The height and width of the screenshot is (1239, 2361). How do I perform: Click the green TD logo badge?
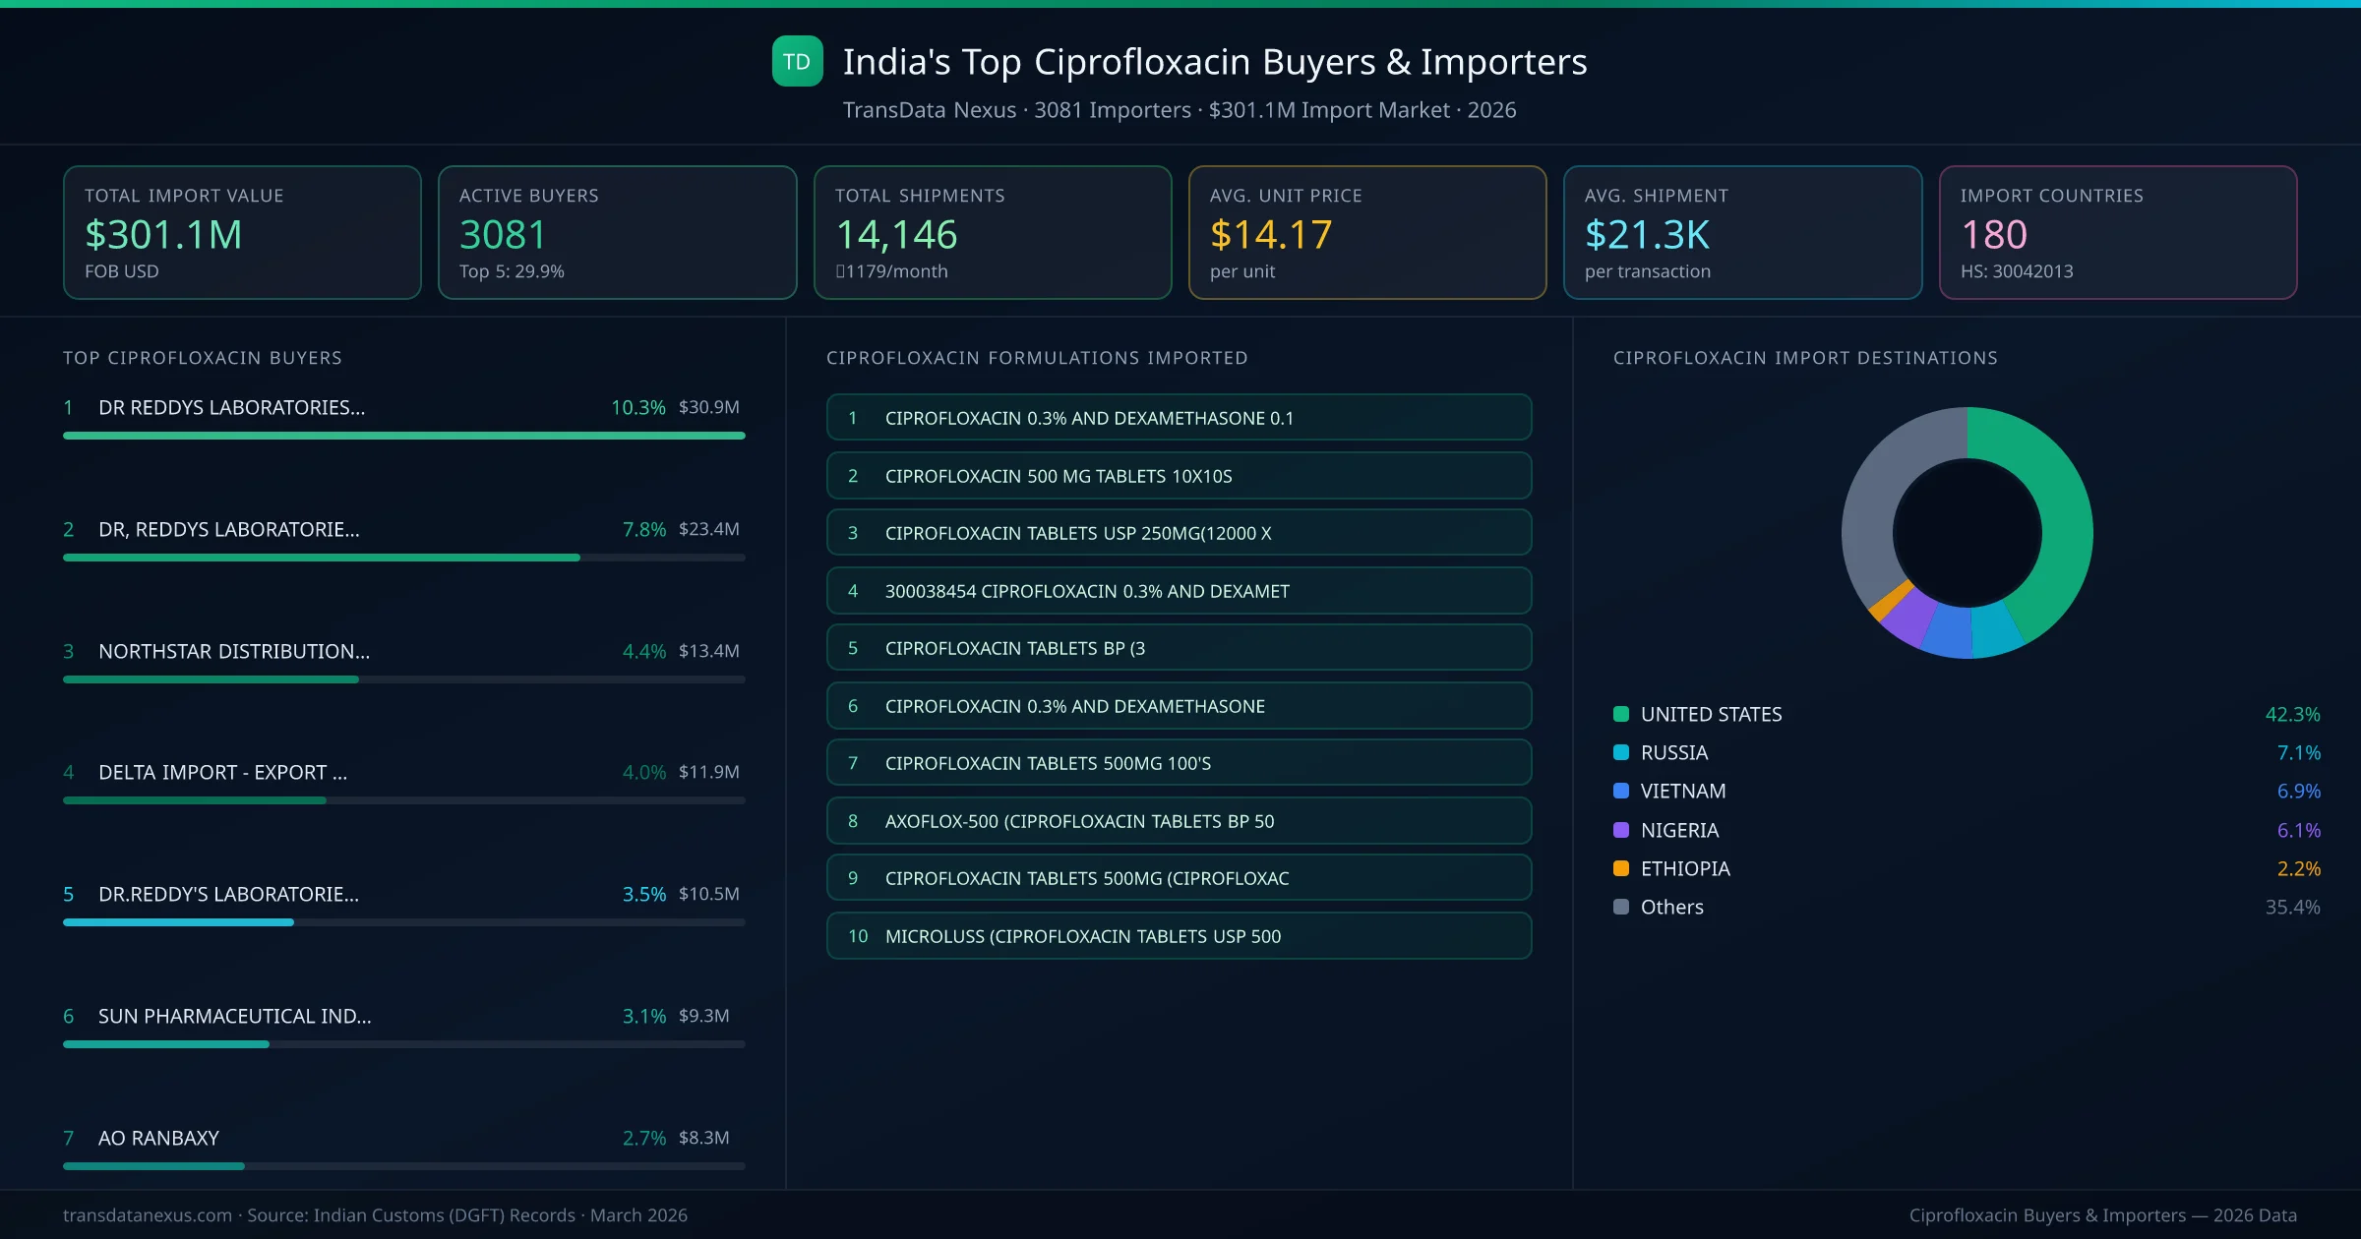[x=797, y=61]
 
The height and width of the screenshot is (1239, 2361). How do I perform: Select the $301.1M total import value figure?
[x=163, y=235]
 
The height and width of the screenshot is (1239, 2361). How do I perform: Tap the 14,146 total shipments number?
[x=896, y=235]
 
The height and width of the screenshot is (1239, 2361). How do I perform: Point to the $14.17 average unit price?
[x=1271, y=235]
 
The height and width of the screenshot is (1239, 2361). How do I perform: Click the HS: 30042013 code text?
[x=2017, y=271]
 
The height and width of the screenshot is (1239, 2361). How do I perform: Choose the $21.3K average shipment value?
[x=1647, y=235]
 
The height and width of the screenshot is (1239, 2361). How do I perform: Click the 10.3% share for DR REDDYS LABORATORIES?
[x=637, y=407]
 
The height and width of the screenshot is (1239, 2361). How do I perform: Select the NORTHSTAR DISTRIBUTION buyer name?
[x=234, y=651]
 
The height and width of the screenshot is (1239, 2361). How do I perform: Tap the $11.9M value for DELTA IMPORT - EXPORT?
[x=708, y=772]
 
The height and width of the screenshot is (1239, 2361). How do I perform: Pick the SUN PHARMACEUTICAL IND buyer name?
[x=234, y=1016]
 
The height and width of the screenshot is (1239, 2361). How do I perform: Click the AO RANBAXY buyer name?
[x=158, y=1138]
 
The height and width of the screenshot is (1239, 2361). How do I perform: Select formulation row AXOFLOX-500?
[x=1179, y=821]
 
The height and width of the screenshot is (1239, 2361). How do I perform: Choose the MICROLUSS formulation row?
[x=1179, y=936]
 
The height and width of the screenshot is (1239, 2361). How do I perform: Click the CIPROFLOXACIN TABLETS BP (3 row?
[x=1179, y=648]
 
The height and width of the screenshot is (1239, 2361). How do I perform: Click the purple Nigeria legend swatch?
[x=1621, y=830]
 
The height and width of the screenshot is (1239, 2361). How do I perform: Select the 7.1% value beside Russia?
[x=2298, y=752]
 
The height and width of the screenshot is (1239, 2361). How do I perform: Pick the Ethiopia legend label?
[x=1685, y=868]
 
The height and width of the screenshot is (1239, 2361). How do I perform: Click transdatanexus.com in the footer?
[x=148, y=1215]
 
